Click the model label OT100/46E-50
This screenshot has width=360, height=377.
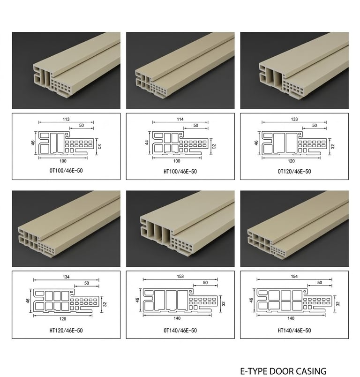point(66,171)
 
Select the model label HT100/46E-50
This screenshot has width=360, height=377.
point(180,172)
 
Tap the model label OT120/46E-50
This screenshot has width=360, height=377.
point(294,172)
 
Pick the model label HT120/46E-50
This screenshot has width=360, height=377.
point(66,331)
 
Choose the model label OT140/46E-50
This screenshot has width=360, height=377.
point(180,331)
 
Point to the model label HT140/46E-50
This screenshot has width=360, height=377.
point(294,331)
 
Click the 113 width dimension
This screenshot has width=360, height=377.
point(66,119)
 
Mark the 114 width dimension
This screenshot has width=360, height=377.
point(180,119)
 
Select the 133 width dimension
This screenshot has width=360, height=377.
point(294,119)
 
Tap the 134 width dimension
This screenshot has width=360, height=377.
point(66,277)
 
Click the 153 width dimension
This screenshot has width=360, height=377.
point(180,276)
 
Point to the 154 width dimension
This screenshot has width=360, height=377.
point(294,276)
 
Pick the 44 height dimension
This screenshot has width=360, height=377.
point(147,143)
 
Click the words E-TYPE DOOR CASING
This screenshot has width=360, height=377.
point(283,371)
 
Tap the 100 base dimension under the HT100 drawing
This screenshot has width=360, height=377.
point(177,161)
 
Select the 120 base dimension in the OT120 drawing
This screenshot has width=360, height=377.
point(291,161)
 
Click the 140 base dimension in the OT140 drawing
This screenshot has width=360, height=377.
point(177,318)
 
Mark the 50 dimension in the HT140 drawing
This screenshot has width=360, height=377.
point(320,282)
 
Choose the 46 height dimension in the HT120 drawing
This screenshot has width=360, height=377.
point(28,301)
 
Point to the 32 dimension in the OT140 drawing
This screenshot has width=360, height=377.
point(224,304)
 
